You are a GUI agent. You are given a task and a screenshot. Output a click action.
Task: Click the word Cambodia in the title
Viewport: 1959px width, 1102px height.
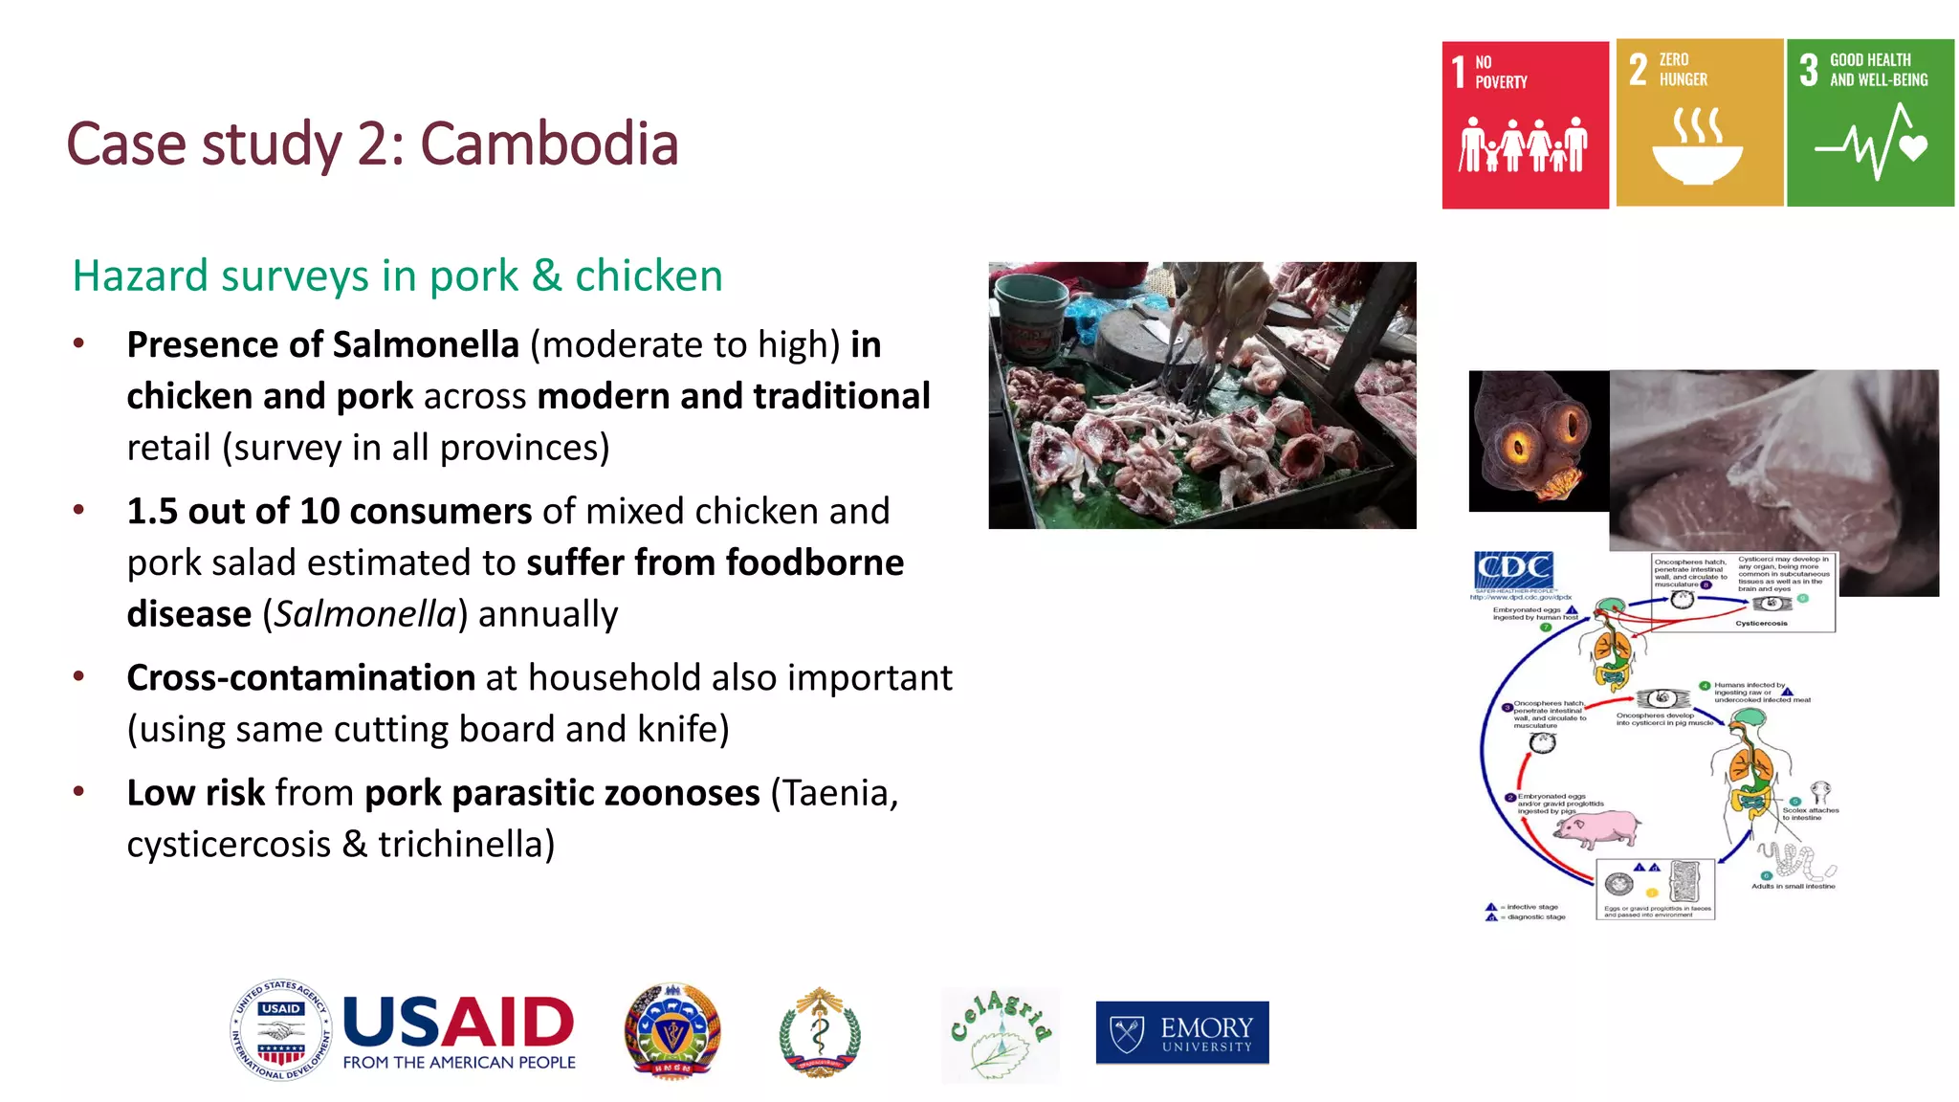click(549, 144)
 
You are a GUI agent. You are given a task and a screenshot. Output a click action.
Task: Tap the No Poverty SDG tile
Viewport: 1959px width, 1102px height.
click(1525, 125)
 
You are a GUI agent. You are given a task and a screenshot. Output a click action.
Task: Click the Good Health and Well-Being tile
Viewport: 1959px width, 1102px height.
click(1870, 123)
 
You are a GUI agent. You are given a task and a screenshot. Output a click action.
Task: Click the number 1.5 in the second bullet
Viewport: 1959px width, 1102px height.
click(152, 511)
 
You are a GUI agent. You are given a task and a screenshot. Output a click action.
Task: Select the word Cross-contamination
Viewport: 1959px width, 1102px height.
click(300, 677)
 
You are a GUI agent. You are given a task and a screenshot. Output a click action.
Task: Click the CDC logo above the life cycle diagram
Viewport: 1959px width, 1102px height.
click(1513, 569)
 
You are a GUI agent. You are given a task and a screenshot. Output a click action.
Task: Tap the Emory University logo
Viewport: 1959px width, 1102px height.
click(1182, 1033)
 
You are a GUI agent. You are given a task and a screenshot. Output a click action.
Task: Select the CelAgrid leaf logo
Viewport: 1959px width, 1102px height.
click(1001, 1035)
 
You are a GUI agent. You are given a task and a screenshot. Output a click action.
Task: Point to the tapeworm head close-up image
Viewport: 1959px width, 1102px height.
click(1538, 441)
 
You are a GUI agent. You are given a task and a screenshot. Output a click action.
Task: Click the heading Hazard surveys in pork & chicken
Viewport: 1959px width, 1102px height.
click(397, 275)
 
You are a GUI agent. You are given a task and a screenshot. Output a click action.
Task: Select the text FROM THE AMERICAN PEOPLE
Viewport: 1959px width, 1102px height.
click(459, 1062)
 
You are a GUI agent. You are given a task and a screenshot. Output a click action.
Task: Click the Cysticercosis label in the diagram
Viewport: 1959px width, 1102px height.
click(1761, 623)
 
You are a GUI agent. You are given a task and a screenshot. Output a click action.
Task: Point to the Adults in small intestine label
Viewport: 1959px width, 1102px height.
click(1793, 886)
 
